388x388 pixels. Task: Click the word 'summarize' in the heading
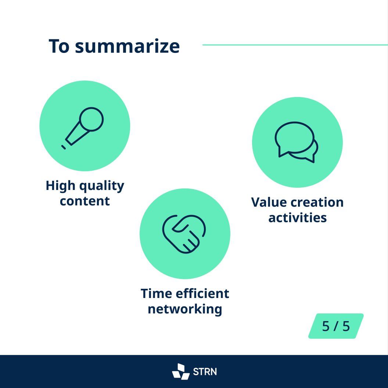(127, 46)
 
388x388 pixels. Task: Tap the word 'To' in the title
(59, 46)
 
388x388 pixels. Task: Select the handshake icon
(184, 234)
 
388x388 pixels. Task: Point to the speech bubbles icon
(297, 142)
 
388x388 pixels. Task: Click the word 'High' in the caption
(61, 186)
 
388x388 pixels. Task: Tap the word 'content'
(85, 201)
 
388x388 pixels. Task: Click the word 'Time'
(157, 294)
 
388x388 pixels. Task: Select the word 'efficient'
(203, 294)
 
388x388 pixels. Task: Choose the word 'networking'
(185, 310)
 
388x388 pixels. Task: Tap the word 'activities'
(298, 218)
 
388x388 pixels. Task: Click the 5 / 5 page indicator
(336, 326)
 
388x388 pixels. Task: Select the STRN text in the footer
(205, 372)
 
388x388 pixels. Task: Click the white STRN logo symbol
(181, 371)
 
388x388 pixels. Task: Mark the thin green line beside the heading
(295, 45)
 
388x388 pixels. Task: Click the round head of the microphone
(91, 119)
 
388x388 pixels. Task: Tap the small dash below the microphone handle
(63, 147)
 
